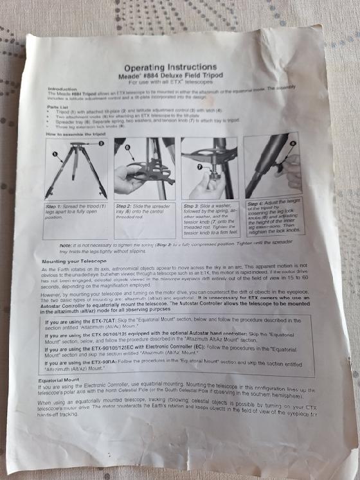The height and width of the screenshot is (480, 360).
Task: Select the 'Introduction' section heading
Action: click(64, 90)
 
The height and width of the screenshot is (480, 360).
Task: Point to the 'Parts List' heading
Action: click(62, 106)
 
